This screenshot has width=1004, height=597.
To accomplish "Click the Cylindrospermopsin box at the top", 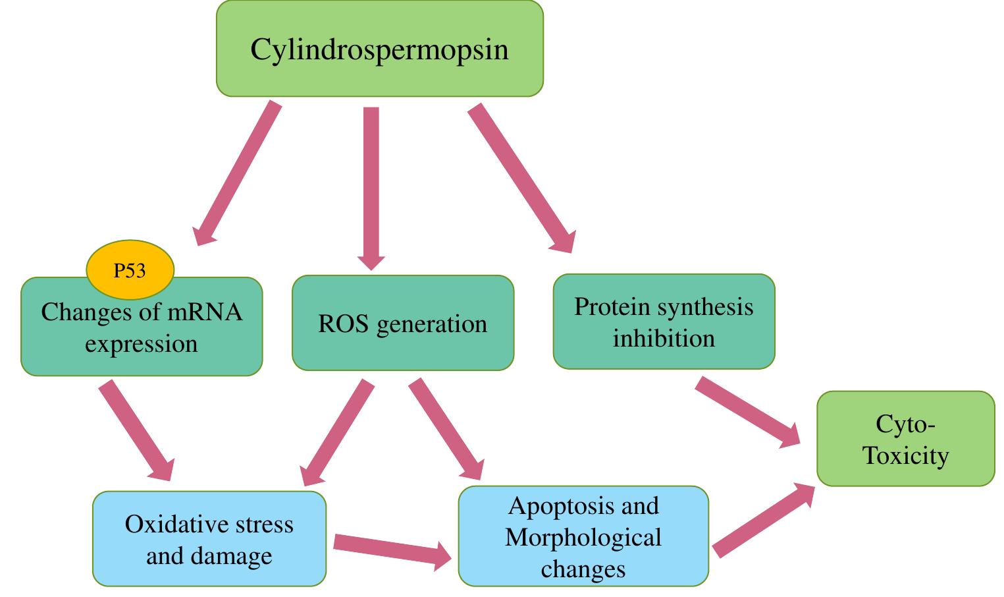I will (x=379, y=49).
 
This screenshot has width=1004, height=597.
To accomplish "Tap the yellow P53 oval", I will (x=130, y=270).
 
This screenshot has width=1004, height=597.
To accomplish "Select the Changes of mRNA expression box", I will (x=142, y=336).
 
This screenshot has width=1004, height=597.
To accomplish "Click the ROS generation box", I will (x=402, y=324).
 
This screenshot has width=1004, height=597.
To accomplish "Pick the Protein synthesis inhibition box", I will (x=664, y=322).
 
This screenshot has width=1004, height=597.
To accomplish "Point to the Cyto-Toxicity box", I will (x=905, y=440).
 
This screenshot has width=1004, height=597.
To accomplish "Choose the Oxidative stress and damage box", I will (x=209, y=540).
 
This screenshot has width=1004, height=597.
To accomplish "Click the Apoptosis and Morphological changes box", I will (x=583, y=537).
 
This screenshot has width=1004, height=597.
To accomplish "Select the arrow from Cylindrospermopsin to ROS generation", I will (x=371, y=185).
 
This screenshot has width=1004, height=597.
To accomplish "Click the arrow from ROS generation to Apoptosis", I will (x=446, y=428).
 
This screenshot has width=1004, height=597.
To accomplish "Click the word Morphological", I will (x=583, y=537).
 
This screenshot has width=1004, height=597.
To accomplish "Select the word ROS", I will (x=343, y=324).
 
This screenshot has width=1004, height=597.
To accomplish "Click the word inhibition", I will (x=664, y=338).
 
